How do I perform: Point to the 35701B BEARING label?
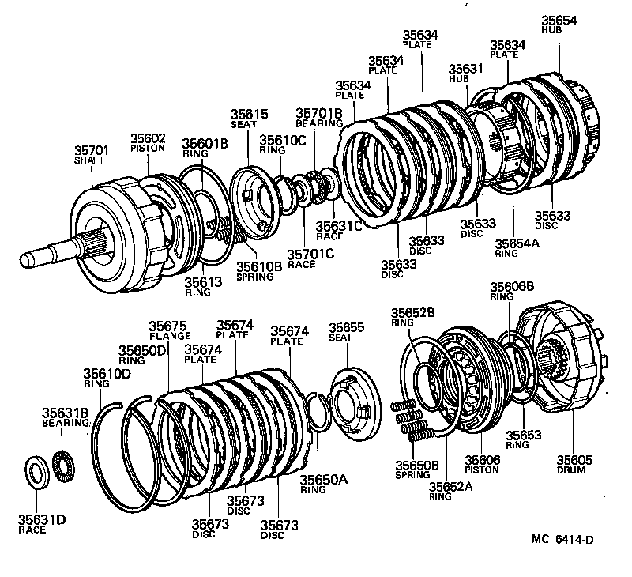318,118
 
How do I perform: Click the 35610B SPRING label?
258,271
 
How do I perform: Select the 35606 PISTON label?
483,464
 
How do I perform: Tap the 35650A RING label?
318,483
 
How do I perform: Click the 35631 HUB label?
465,74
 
